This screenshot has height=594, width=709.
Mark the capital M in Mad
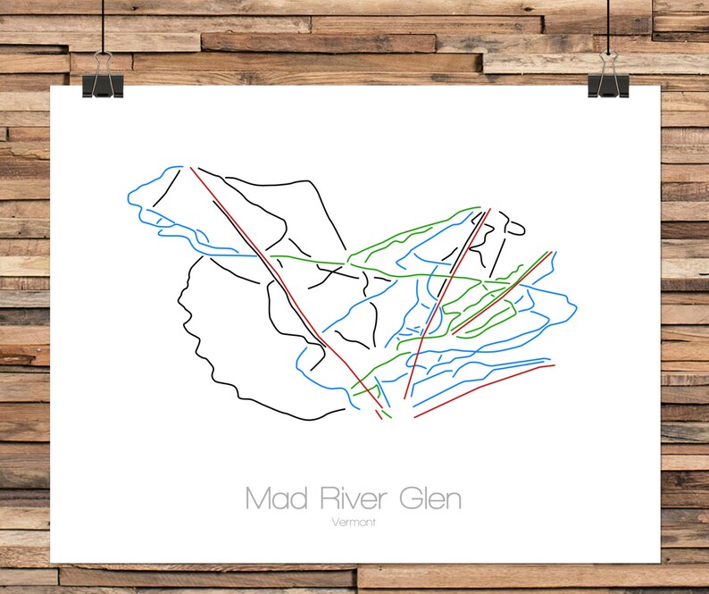256,498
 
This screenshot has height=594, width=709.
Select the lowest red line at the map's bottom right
482,389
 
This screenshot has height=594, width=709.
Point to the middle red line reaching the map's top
446,304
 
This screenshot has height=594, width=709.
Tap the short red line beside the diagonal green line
500,296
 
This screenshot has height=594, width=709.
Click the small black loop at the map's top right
513,224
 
